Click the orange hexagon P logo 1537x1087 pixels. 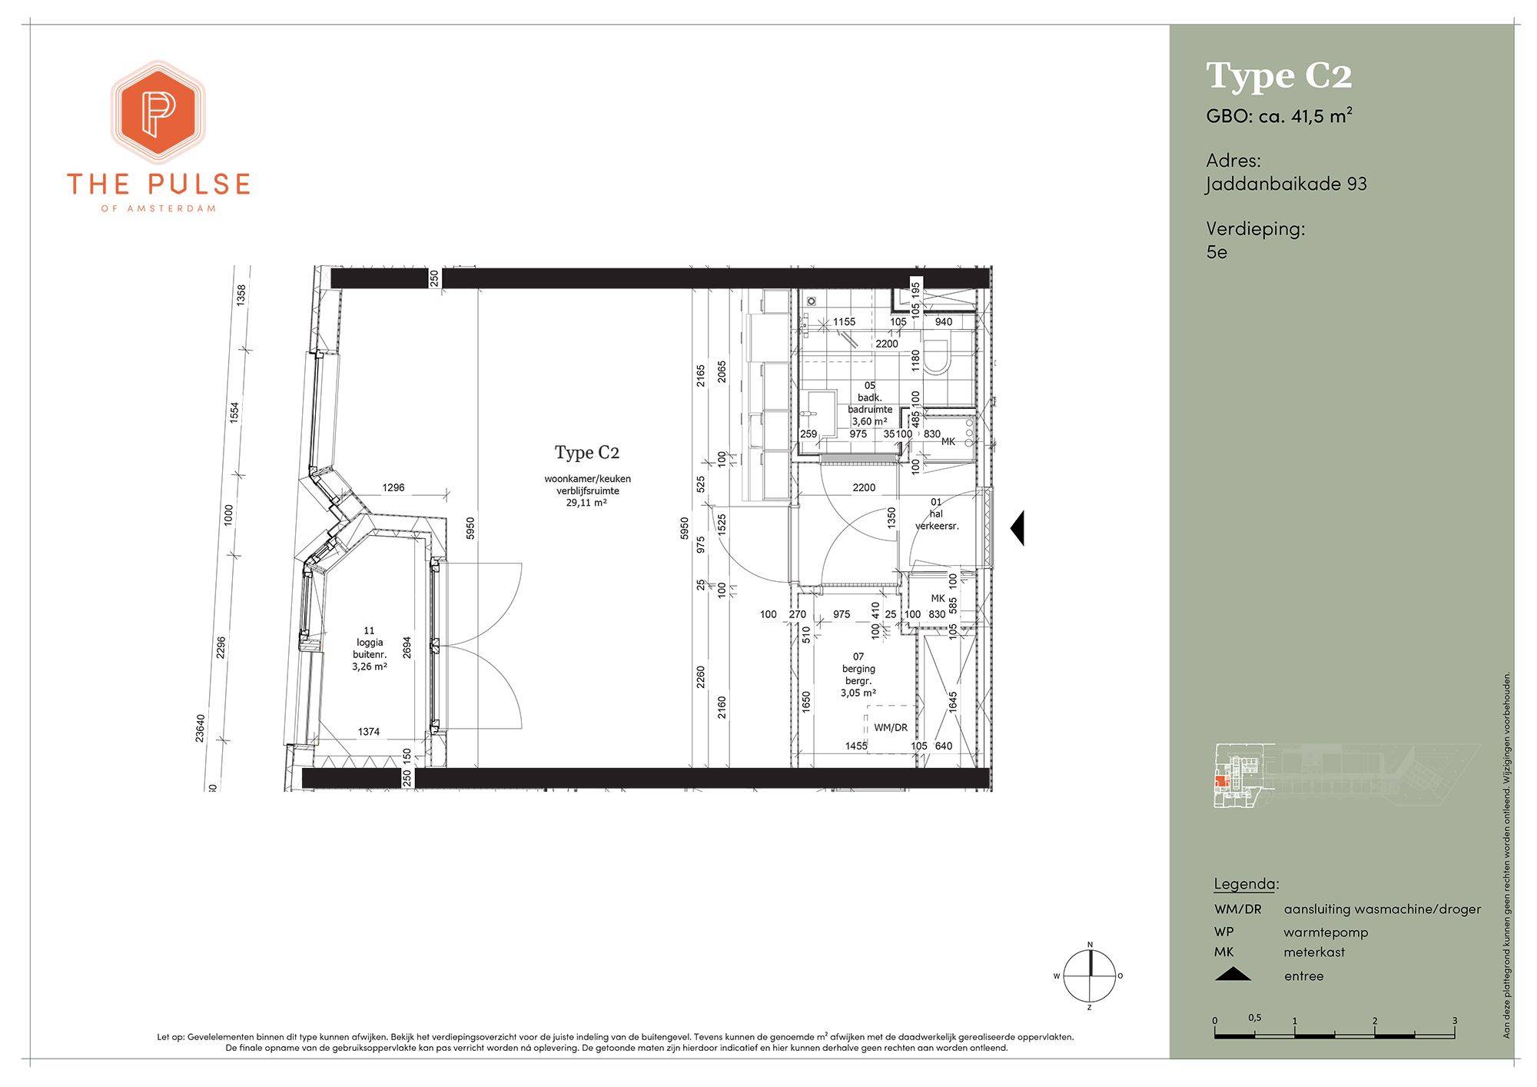(159, 112)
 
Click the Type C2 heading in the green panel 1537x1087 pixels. (1279, 76)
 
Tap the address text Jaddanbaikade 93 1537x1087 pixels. (1286, 184)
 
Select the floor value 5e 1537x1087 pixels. (1217, 251)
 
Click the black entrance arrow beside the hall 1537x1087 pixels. (1017, 528)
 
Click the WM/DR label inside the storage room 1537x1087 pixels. (891, 727)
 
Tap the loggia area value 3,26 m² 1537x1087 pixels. (370, 666)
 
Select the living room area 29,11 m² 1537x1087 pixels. (587, 503)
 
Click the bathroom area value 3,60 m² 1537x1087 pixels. (869, 421)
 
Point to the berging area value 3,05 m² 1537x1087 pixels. (858, 693)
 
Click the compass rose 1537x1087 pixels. (1090, 976)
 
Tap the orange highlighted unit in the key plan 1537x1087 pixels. (1220, 783)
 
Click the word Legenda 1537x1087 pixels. (1245, 883)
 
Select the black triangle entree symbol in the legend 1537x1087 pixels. (1233, 975)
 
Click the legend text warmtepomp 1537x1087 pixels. (1326, 932)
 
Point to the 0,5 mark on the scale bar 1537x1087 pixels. (1255, 1018)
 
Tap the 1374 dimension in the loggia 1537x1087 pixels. (369, 732)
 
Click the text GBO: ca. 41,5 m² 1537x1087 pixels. (1280, 116)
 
